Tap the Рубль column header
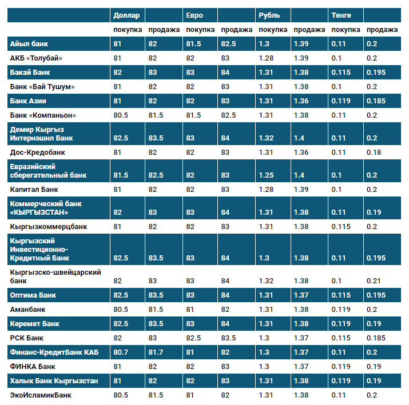point(269,15)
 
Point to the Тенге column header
point(342,15)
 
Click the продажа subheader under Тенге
point(382,30)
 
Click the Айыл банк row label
point(28,44)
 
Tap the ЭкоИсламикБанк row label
point(42,395)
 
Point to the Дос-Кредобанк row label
point(38,153)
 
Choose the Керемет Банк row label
point(35,324)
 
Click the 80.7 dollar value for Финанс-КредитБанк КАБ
point(121,352)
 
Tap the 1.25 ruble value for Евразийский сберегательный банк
point(266,175)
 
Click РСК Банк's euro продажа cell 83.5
point(228,338)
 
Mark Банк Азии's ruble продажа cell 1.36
point(301,101)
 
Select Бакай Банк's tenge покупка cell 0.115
point(342,73)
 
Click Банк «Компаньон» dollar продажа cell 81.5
point(156,115)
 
